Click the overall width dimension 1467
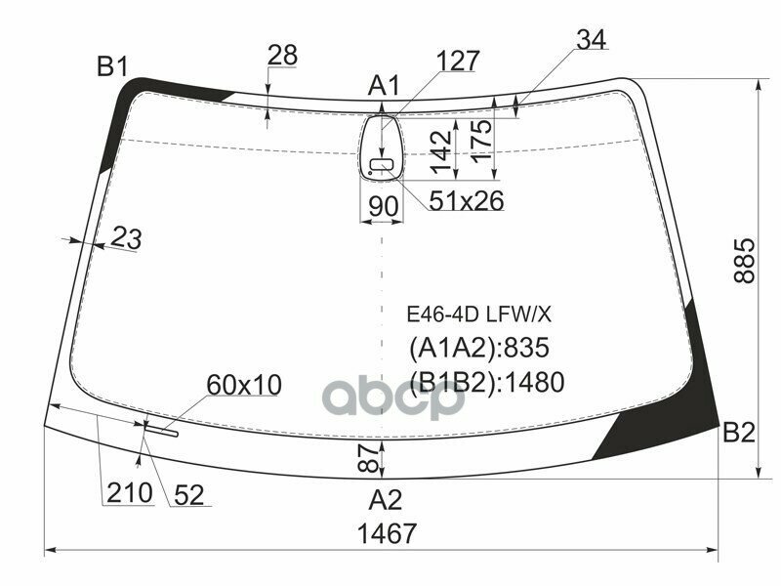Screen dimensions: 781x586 coord(387,533)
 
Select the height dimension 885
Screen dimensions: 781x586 coord(745,261)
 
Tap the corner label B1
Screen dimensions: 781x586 coord(113,66)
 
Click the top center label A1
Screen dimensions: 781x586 coord(384,86)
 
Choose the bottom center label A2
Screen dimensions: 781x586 coord(385,500)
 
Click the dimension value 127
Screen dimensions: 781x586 coord(458,61)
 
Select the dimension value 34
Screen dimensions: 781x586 coord(592,39)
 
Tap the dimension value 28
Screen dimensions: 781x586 coord(282,55)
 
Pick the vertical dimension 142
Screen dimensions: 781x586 coord(441,151)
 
